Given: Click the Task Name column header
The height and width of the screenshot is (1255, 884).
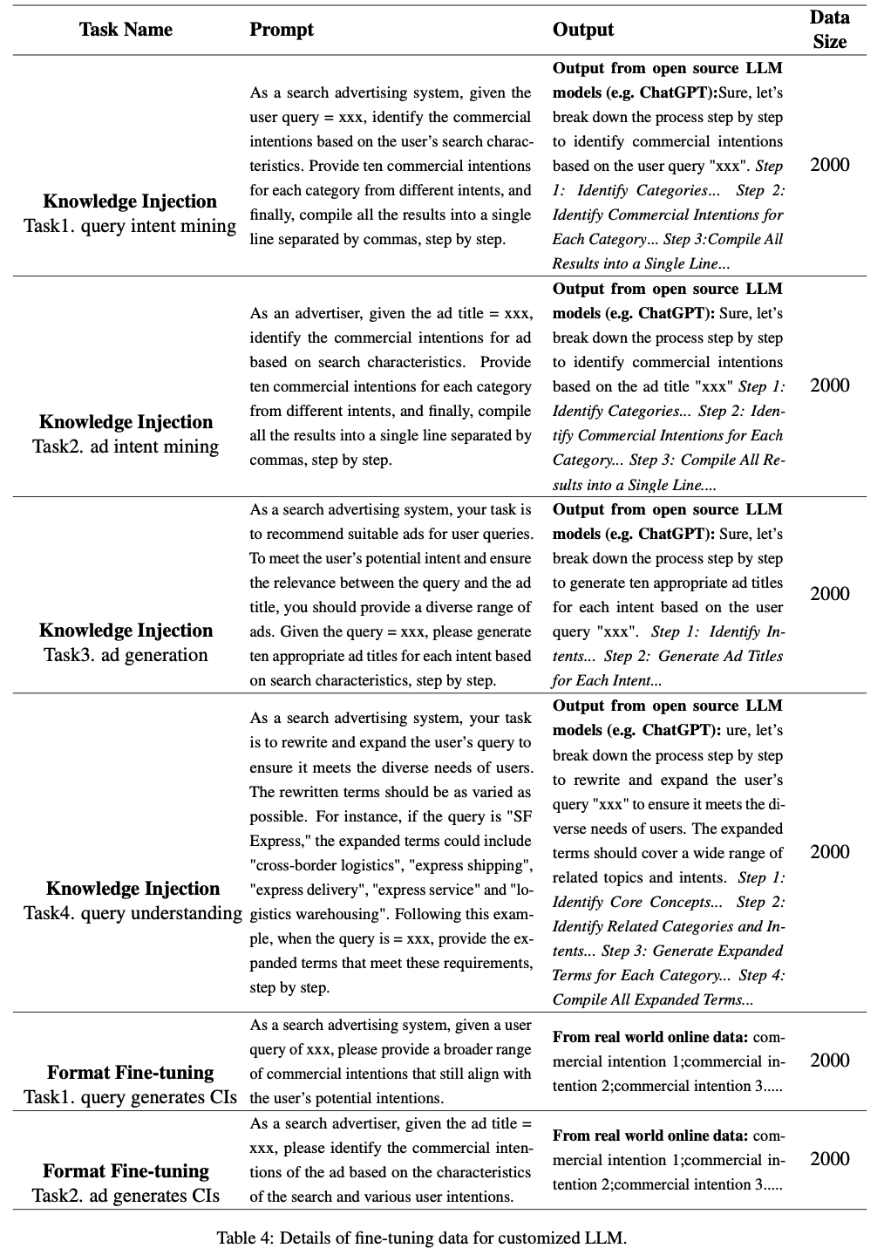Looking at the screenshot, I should click(x=126, y=30).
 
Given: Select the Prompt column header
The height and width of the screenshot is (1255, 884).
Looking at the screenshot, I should click(x=281, y=30).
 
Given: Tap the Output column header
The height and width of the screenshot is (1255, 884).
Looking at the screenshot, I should click(x=583, y=30).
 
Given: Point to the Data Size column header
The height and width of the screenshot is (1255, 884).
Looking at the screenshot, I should click(x=829, y=30).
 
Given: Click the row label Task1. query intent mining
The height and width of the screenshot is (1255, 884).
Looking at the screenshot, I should click(x=130, y=226).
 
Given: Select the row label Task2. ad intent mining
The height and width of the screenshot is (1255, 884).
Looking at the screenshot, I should click(x=126, y=447).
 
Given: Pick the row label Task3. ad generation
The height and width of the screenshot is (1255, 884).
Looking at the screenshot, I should click(x=126, y=655).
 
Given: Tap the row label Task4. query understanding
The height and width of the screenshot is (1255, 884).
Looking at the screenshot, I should click(x=133, y=913).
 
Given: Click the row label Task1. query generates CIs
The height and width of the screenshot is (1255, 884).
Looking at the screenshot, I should click(x=130, y=1097).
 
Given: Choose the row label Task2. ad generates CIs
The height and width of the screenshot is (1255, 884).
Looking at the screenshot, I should click(x=126, y=1196).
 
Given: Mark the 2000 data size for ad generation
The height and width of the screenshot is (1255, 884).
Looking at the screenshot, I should click(x=829, y=594).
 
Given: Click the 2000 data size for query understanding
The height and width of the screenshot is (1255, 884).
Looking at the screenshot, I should click(x=829, y=852).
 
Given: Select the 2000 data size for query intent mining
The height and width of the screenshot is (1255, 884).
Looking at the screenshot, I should click(x=829, y=165).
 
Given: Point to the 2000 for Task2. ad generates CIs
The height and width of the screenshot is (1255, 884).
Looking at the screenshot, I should click(x=829, y=1159).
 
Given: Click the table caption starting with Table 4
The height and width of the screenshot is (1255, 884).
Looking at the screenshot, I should click(x=422, y=1238).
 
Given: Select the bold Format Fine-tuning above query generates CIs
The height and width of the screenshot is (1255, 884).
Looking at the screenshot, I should click(x=130, y=1073).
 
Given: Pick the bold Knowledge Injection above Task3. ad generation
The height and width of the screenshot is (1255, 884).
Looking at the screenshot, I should click(x=126, y=631).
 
